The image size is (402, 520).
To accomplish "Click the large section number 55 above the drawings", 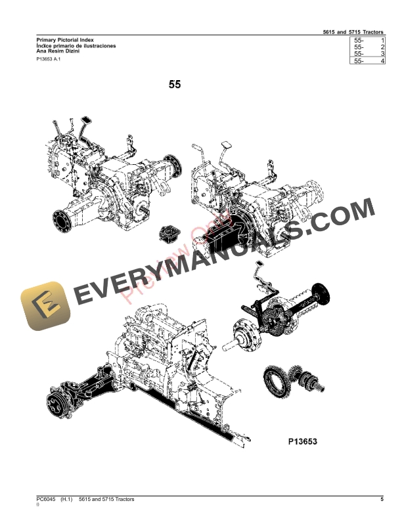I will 175,85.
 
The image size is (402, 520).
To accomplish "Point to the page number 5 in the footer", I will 382,500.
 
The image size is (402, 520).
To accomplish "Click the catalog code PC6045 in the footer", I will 46,500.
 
